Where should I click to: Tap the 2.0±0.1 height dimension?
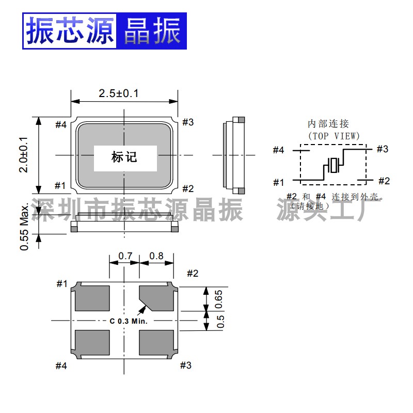click(x=24, y=154)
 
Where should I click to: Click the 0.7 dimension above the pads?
click(x=125, y=256)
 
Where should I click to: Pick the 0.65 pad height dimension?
click(x=218, y=298)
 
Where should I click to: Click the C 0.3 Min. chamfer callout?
click(x=129, y=321)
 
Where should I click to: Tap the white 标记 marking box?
click(x=124, y=157)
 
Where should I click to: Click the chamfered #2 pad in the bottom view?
click(x=157, y=298)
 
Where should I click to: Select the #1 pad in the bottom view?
click(x=92, y=298)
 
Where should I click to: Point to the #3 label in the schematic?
click(x=382, y=149)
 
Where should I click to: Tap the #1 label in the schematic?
click(x=279, y=182)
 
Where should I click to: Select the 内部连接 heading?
click(x=328, y=124)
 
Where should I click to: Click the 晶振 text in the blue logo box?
click(x=151, y=31)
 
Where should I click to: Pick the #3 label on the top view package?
click(x=188, y=122)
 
